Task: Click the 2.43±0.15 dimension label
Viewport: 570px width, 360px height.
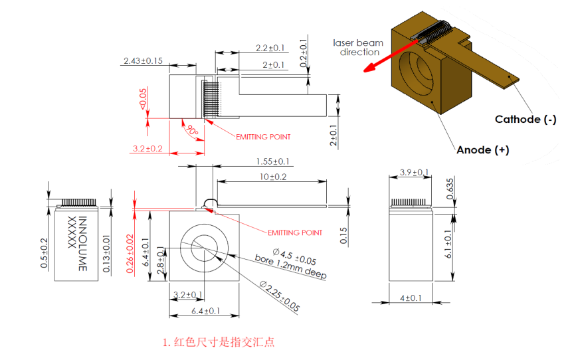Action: tap(143, 60)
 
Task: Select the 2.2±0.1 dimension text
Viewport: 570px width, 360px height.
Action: tap(270, 48)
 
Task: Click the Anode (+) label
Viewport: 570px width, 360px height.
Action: tap(482, 150)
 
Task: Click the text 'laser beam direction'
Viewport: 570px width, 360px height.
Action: tap(358, 47)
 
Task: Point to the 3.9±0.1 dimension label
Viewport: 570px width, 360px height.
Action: tap(413, 173)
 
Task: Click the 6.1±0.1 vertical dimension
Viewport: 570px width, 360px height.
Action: tap(450, 245)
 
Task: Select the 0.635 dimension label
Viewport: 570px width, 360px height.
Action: tap(450, 189)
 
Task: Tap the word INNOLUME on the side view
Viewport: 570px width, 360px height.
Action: tap(83, 243)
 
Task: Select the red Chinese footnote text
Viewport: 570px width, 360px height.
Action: tap(219, 343)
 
